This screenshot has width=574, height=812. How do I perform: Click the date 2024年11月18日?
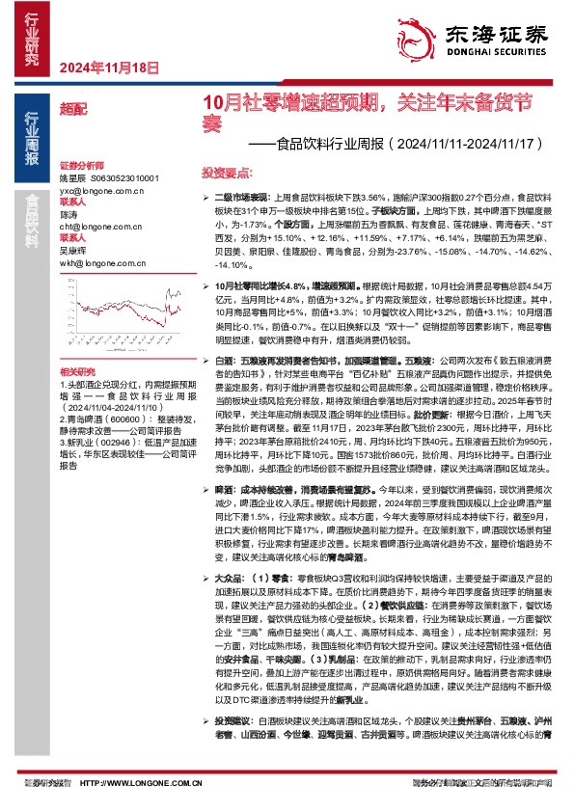tap(108, 67)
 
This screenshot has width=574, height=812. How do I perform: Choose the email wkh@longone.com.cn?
tap(97, 260)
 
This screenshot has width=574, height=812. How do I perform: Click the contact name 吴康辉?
tap(73, 249)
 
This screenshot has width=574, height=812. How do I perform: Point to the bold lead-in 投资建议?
tap(235, 720)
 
